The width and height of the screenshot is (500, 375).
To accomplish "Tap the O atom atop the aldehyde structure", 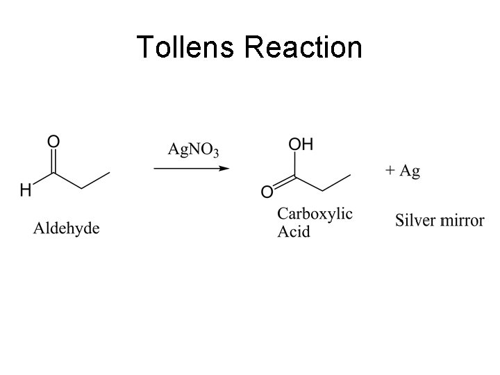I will click(53, 141).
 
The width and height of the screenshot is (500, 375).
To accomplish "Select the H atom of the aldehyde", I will click(25, 190).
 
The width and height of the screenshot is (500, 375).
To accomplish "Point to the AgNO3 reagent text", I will click(194, 149).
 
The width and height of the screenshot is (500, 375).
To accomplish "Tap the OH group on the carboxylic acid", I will click(301, 144).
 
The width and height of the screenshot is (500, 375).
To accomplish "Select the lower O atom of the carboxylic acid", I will click(267, 192).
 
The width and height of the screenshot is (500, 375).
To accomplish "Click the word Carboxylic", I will click(315, 215).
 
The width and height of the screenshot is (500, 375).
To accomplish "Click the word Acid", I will click(294, 231).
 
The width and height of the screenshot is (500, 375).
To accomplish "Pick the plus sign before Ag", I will click(390, 171).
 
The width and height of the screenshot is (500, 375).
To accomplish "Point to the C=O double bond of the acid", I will click(283, 184).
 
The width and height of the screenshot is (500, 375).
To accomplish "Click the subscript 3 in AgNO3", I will click(216, 153).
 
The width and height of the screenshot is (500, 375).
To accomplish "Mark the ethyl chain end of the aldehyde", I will click(109, 173).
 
